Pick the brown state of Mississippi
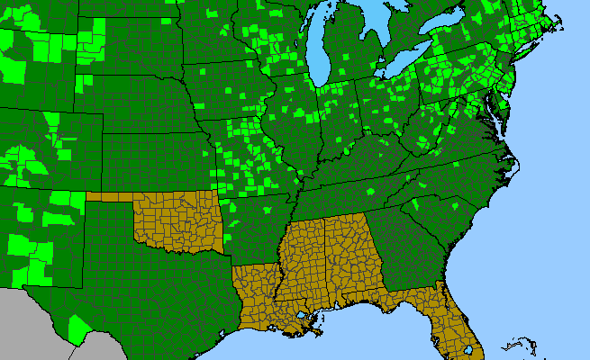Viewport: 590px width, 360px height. click(302, 261)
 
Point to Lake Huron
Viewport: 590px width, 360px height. click(383, 27)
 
